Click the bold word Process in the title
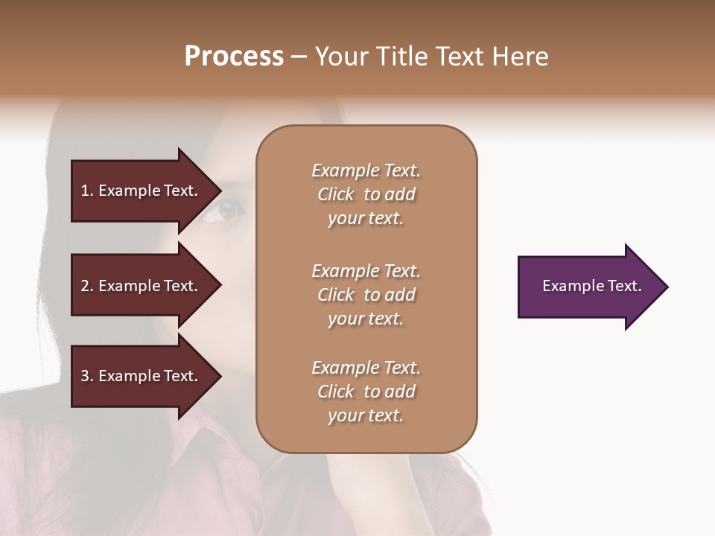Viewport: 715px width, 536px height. pyautogui.click(x=234, y=57)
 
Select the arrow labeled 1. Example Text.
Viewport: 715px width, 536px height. pyautogui.click(x=142, y=191)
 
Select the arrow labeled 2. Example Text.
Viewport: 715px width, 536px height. pyautogui.click(x=142, y=286)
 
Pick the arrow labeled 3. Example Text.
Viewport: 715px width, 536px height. pyautogui.click(x=142, y=376)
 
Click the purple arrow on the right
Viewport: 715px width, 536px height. pyautogui.click(x=588, y=287)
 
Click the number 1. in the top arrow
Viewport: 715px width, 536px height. pyautogui.click(x=87, y=191)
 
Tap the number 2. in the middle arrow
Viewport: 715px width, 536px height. pyautogui.click(x=87, y=286)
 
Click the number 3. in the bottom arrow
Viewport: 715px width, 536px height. pyautogui.click(x=87, y=376)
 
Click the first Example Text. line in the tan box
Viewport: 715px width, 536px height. pyautogui.click(x=366, y=170)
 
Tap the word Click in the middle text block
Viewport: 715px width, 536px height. pyautogui.click(x=335, y=295)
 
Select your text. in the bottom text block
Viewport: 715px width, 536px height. pyautogui.click(x=366, y=415)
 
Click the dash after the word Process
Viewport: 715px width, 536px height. pyautogui.click(x=299, y=57)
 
